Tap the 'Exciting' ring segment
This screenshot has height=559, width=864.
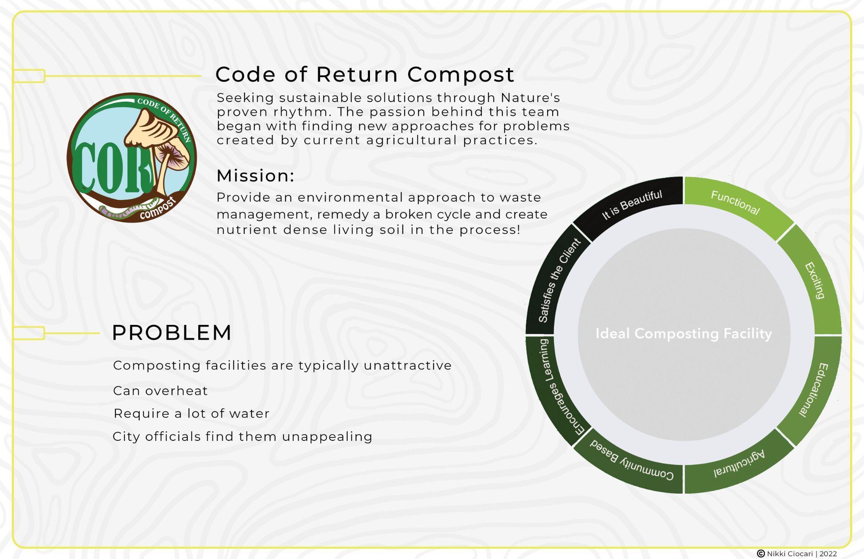[815, 281]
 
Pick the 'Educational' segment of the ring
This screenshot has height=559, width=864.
[814, 390]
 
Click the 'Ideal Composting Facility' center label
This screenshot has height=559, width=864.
[683, 334]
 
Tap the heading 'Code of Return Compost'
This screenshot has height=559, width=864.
[365, 74]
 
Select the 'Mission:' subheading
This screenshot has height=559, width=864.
[255, 176]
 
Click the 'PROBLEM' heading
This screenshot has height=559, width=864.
[172, 332]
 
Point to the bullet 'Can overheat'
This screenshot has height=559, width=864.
[160, 391]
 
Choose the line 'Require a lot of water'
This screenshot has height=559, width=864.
[192, 413]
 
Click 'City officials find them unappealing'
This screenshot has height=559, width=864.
[243, 436]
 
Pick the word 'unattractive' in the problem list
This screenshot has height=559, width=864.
[408, 365]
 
